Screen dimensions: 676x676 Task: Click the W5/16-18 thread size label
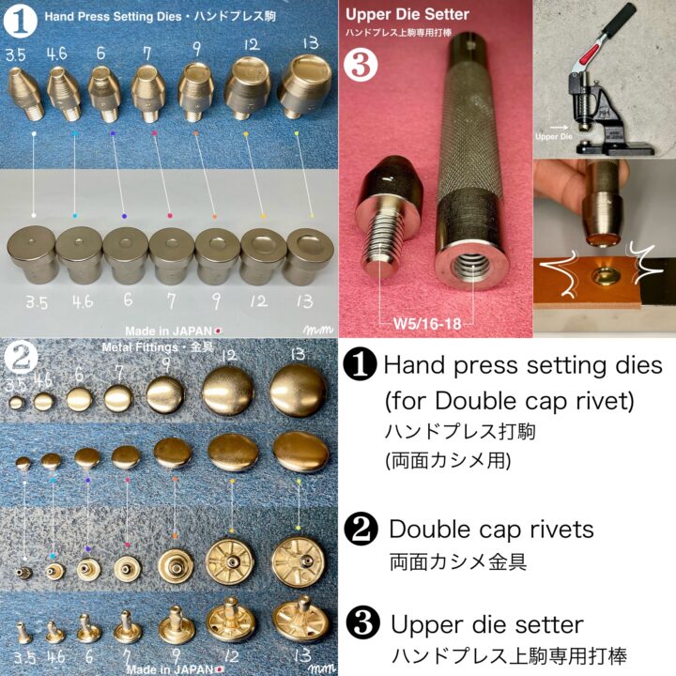(x=427, y=323)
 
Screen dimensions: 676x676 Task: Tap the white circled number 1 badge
(x=20, y=21)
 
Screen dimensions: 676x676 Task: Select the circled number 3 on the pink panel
(x=361, y=65)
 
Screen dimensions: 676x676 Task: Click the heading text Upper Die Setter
(x=407, y=15)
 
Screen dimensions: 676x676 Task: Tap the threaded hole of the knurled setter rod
(x=469, y=266)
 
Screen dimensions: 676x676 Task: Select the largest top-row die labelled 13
(x=305, y=86)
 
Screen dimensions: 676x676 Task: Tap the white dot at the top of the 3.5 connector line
(x=34, y=134)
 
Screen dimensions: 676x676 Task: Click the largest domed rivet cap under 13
(x=299, y=392)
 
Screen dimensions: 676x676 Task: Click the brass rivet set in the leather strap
(x=603, y=276)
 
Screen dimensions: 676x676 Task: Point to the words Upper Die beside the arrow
(x=554, y=136)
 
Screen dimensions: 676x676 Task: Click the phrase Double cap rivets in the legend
(x=491, y=529)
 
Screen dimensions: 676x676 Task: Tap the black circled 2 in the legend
(x=361, y=529)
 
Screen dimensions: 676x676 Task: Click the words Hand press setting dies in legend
(x=523, y=365)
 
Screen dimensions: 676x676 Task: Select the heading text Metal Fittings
(x=140, y=347)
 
